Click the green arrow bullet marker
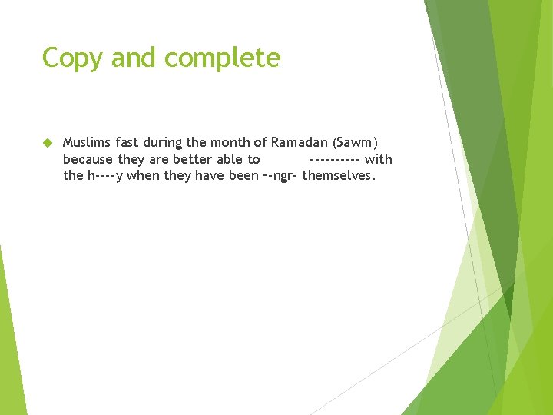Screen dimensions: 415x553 pos(47,143)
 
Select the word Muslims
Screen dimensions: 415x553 pos(85,142)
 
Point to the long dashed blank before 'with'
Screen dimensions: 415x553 pos(334,159)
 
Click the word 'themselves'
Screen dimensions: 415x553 pos(339,175)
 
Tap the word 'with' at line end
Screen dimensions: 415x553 pos(379,159)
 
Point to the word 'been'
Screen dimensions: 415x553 pos(243,175)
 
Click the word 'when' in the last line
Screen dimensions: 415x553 pos(145,175)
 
